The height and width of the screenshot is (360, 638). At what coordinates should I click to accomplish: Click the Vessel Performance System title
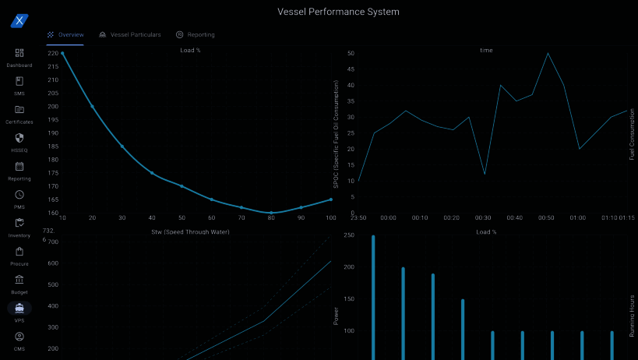(338, 12)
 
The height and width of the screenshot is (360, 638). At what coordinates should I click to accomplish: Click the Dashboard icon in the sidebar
(19, 53)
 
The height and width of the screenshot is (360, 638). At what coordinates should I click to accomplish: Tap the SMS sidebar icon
(19, 81)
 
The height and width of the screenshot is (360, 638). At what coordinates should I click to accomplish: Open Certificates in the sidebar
(19, 110)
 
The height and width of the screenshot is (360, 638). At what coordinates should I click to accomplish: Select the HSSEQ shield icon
(19, 138)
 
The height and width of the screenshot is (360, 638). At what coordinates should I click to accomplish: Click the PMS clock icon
(19, 195)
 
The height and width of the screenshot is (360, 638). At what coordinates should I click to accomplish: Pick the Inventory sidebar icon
(19, 223)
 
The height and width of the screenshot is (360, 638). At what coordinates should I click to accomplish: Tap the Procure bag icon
(19, 252)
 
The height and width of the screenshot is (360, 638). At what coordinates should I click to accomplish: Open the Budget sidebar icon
(19, 280)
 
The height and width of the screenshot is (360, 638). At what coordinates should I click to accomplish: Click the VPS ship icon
(19, 308)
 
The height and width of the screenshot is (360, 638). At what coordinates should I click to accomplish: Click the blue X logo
(19, 21)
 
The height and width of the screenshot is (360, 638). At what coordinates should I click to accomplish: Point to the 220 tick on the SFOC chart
(52, 53)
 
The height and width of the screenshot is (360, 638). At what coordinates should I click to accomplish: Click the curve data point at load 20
(92, 106)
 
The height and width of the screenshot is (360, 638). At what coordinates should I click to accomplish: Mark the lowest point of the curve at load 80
(271, 213)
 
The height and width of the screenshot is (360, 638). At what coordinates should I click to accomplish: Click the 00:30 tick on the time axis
(483, 218)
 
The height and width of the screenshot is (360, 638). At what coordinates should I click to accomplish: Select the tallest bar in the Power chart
(373, 296)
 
